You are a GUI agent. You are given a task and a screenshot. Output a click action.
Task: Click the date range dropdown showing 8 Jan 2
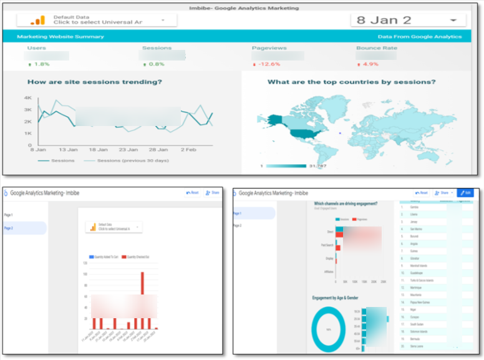(x=408, y=20)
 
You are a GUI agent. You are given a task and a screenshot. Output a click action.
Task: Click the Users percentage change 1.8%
(x=39, y=64)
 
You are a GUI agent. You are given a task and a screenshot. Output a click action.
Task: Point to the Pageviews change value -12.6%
(x=266, y=64)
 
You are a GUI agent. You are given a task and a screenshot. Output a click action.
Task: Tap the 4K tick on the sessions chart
(x=28, y=98)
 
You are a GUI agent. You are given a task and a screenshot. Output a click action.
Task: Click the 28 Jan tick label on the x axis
(x=158, y=150)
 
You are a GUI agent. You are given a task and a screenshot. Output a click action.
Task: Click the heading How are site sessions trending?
(x=95, y=82)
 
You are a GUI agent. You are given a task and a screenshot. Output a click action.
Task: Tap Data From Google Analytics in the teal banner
(x=420, y=37)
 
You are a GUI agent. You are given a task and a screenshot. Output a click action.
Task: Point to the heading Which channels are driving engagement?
(x=344, y=203)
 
